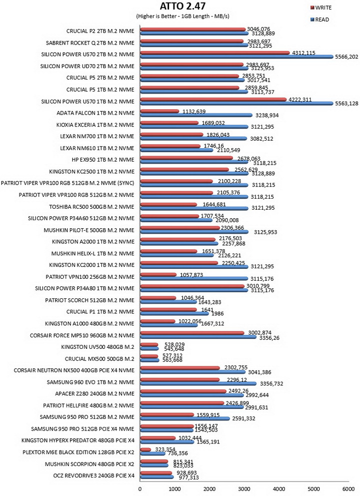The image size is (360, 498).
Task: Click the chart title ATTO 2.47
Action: coord(182,6)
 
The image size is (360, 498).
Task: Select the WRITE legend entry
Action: coord(321,8)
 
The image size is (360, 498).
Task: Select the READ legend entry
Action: coord(319,20)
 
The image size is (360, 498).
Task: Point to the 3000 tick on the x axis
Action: coord(244,489)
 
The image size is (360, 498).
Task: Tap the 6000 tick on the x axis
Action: coord(348,489)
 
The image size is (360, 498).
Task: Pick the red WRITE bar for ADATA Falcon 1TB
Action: coord(159,111)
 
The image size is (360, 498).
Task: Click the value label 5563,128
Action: coord(346,104)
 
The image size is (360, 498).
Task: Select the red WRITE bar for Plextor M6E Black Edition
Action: coord(145,450)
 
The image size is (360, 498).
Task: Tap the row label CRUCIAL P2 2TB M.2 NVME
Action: coord(100,31)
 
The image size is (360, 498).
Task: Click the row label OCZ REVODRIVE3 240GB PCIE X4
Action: coord(94,476)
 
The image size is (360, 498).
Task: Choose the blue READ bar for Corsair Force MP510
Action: coord(198,337)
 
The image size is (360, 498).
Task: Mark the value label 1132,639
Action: coord(194,112)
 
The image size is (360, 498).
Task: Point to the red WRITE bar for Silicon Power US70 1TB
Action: coord(213,100)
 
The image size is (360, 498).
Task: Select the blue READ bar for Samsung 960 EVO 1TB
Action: coord(198,384)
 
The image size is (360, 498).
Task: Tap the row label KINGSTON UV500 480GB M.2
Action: coord(97,347)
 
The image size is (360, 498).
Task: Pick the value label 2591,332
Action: coord(243,418)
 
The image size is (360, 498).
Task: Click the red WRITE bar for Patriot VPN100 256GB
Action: coord(158,275)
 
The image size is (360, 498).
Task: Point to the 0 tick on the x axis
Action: coord(140,489)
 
